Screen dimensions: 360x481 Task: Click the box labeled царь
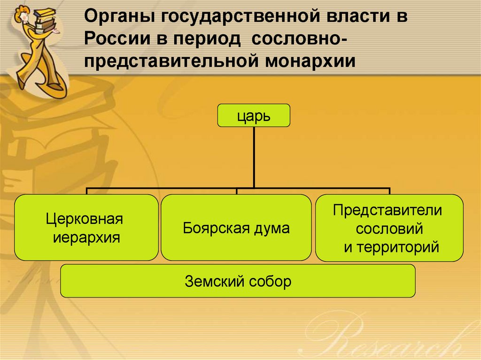pos(254,115)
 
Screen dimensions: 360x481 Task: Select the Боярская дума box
pos(236,228)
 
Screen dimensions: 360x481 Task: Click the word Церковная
pos(85,219)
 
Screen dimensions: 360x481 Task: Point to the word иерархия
pos(86,237)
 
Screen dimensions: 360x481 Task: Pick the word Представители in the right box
pos(388,210)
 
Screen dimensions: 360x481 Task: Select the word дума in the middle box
pos(273,228)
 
